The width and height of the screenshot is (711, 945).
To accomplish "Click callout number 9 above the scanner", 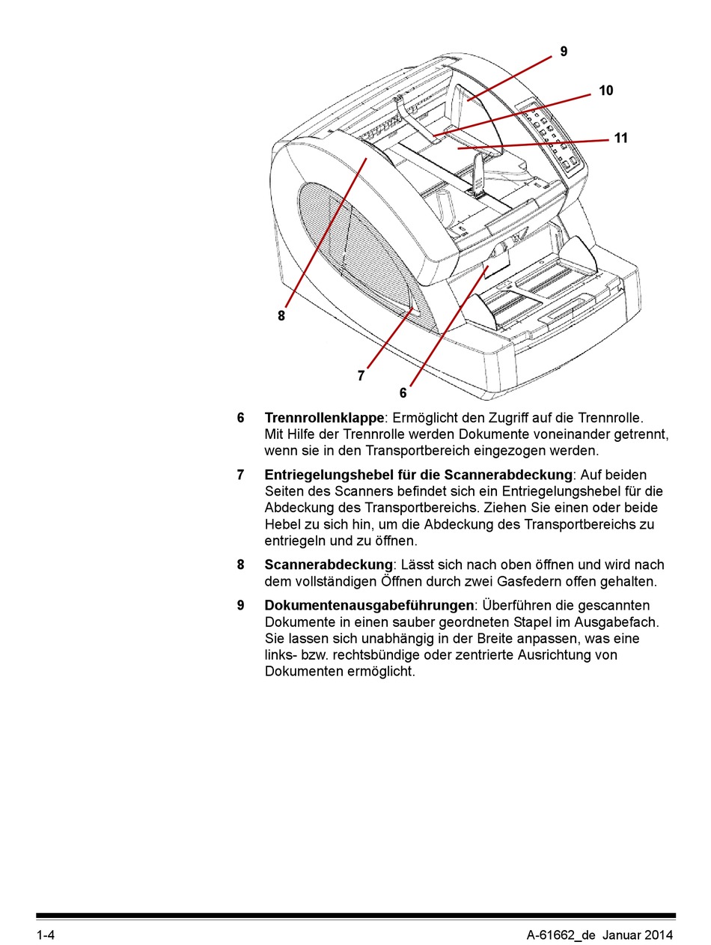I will [x=564, y=52].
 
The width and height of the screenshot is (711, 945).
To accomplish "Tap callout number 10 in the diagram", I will [x=605, y=91].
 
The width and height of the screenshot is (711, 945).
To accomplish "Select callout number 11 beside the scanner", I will [x=620, y=139].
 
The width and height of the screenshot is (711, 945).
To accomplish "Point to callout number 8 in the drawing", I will [x=281, y=316].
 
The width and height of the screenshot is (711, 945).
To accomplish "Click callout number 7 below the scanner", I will [x=361, y=376].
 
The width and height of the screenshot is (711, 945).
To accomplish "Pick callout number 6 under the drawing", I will [x=403, y=393].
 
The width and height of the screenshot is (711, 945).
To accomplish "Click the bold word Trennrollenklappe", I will [x=323, y=418].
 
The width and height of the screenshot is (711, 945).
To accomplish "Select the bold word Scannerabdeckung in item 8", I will [x=329, y=565].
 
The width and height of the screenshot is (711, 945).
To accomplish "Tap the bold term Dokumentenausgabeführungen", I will [x=369, y=605].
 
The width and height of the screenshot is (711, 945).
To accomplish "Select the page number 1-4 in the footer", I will [x=46, y=935].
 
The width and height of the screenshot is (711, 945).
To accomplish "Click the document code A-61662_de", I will [x=561, y=935].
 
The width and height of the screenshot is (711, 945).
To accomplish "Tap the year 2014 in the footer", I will [x=658, y=935].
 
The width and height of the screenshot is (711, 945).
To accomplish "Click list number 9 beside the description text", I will [x=241, y=605].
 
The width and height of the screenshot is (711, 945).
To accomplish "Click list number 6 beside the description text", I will [x=241, y=418].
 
